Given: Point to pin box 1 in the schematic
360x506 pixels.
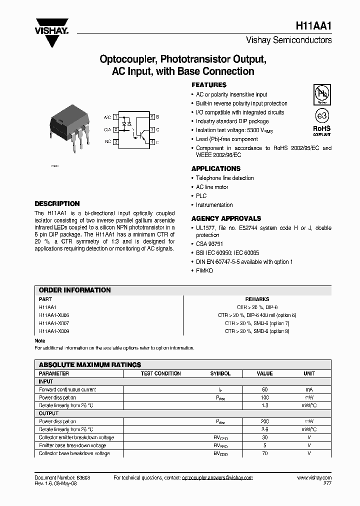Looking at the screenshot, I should tap(116, 117).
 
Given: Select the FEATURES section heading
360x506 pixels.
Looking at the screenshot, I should tap(209, 85).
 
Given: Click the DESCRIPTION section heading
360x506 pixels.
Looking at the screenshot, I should tap(57, 203).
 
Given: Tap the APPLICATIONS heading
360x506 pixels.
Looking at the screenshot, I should tap(216, 168).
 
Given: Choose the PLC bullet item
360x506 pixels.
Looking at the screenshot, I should tap(201, 196).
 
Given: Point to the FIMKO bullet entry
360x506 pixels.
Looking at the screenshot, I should tap(204, 270).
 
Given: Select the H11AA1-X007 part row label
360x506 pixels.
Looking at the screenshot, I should tap(54, 323).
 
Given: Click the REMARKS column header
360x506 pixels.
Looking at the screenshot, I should tap(257, 299).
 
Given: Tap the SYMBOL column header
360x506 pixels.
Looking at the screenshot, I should tap(220, 373).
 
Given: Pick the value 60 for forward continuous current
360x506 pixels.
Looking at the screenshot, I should tap(264, 389).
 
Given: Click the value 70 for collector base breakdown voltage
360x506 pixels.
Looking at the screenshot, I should tap(264, 453).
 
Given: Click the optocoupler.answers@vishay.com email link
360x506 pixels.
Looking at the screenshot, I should tap(217, 478).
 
